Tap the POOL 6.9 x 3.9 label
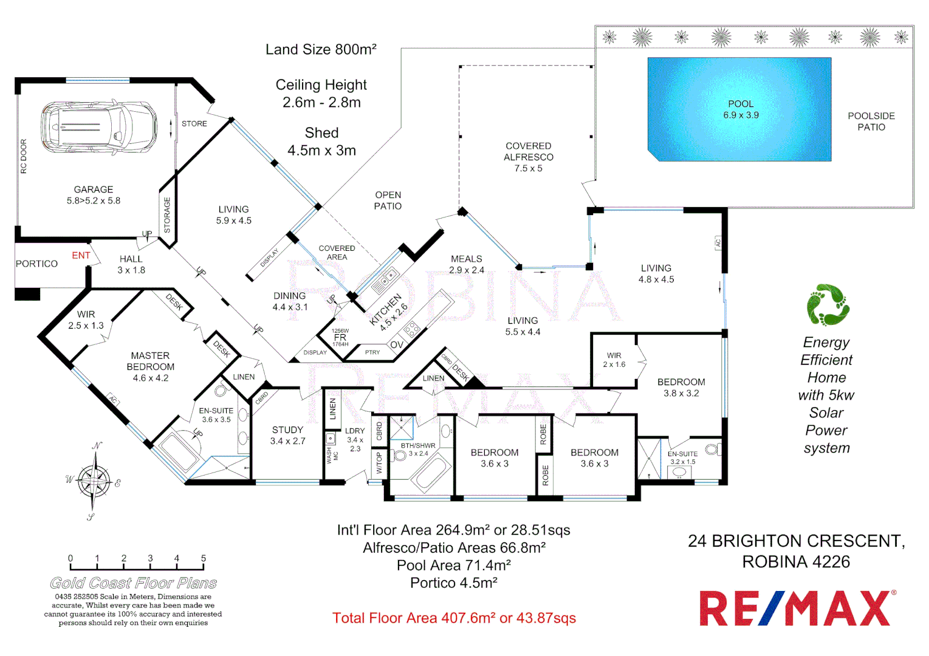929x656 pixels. pos(740,109)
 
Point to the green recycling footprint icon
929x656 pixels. pos(827,305)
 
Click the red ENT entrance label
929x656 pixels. pos(81,255)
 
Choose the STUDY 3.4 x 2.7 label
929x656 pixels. pos(287,435)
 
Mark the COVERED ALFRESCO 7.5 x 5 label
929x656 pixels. pos(528,157)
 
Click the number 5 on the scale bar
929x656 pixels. pos(204,558)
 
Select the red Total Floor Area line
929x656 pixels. pos(454,618)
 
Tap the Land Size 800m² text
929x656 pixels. pos(321,49)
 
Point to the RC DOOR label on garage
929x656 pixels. pos(24,156)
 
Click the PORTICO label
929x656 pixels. pos(36,264)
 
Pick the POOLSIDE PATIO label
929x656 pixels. pos(871,121)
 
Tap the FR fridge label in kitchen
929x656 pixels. pos(340,337)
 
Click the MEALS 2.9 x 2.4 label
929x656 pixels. pos(466,264)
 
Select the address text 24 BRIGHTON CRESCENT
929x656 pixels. pos(796,541)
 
